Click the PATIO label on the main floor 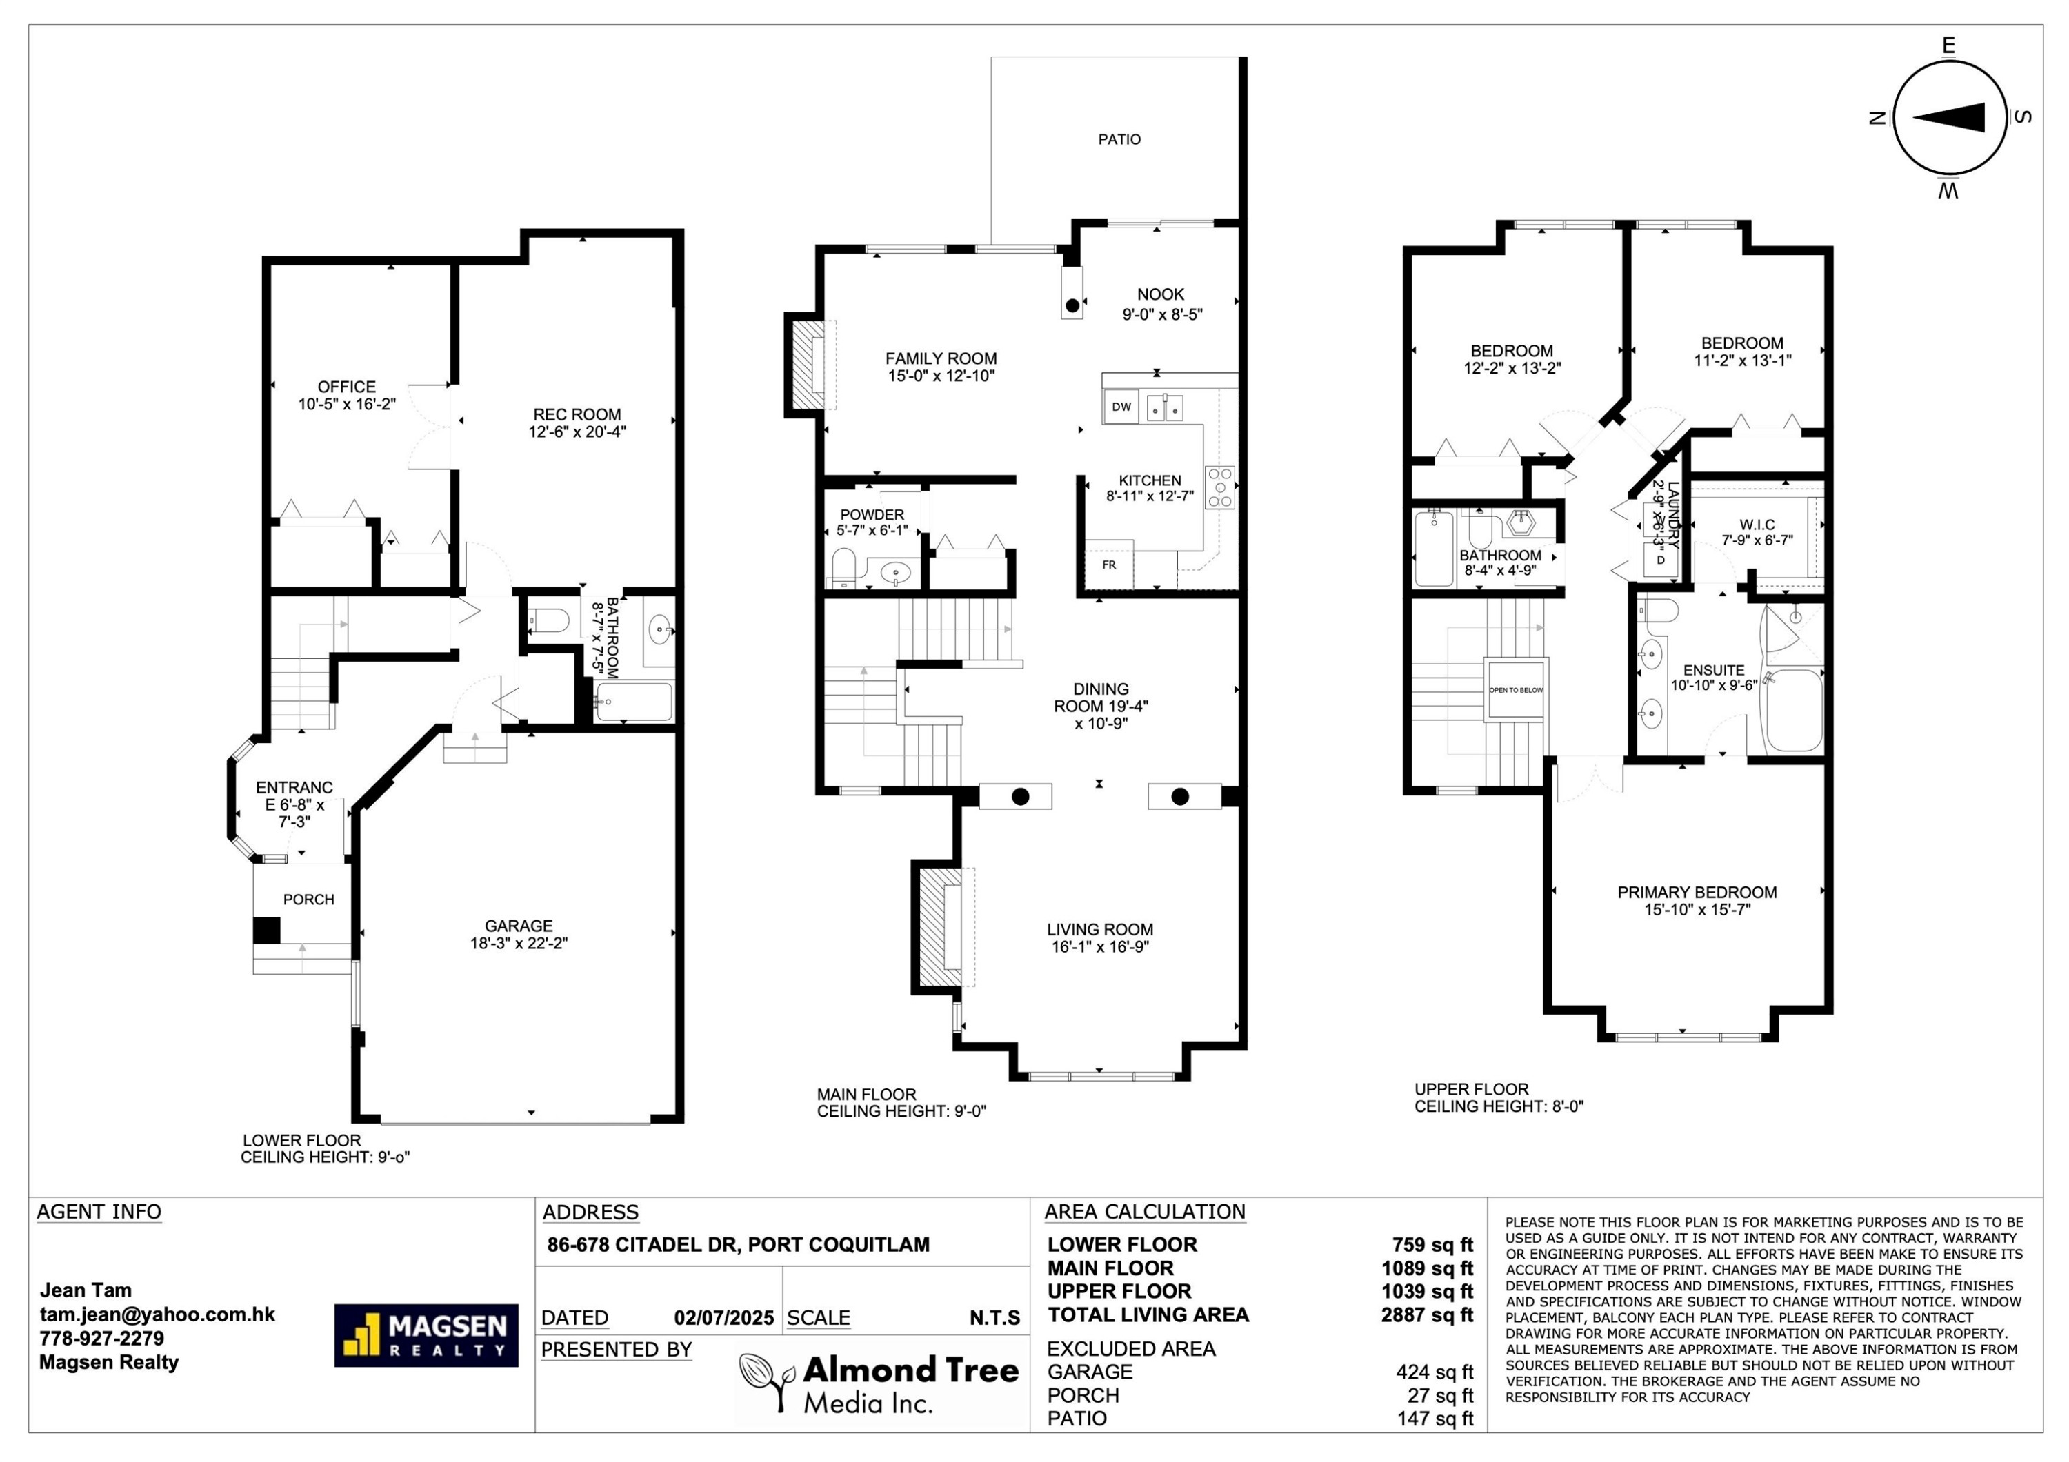pyautogui.click(x=1119, y=139)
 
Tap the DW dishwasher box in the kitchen pyautogui.click(x=1121, y=406)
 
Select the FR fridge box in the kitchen pyautogui.click(x=1108, y=565)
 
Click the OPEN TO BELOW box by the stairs pyautogui.click(x=1516, y=690)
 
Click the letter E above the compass pyautogui.click(x=1948, y=45)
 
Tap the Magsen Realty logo pyautogui.click(x=426, y=1335)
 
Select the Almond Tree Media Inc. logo pyautogui.click(x=879, y=1382)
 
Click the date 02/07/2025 pyautogui.click(x=723, y=1318)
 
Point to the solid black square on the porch pyautogui.click(x=266, y=930)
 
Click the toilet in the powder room pyautogui.click(x=843, y=567)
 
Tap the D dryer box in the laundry pyautogui.click(x=1660, y=560)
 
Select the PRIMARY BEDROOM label pyautogui.click(x=1697, y=900)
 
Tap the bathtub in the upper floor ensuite pyautogui.click(x=1793, y=711)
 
